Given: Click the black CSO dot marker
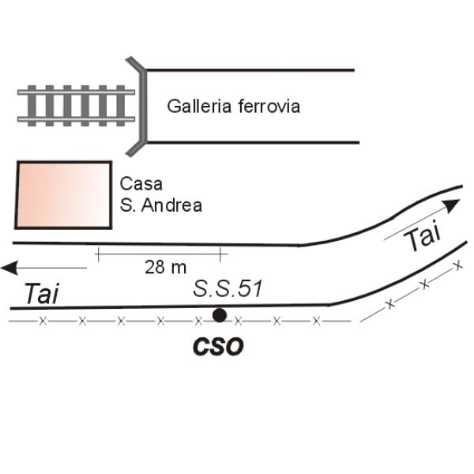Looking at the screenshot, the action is tap(219, 315).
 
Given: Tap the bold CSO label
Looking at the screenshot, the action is tap(218, 347).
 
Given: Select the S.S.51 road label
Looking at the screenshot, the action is tap(228, 288).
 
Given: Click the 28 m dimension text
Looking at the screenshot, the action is tap(165, 267).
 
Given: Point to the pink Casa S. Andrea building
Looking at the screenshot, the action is tap(63, 195).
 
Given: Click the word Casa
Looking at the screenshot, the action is tap(141, 183).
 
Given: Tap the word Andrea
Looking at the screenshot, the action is tap(171, 205).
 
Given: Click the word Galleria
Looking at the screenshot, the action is tap(200, 106).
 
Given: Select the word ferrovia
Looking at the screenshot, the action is tap(269, 106).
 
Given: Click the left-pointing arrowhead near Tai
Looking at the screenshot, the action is tap(9, 268).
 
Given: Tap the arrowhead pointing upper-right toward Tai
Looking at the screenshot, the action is tap(452, 205).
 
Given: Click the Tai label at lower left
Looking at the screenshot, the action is tap(41, 294).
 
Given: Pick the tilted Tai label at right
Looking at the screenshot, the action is tap(423, 235).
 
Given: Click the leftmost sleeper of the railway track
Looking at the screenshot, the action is tap(32, 106).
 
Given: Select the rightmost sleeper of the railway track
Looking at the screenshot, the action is tap(121, 106).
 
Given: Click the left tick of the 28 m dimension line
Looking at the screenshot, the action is tap(98, 254).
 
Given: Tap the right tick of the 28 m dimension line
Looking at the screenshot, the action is tap(221, 254).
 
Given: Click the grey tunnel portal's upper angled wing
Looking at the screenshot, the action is tap(134, 63).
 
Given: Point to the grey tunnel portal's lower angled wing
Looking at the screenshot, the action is tap(135, 149).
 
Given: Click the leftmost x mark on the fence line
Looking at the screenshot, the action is tap(43, 321).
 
